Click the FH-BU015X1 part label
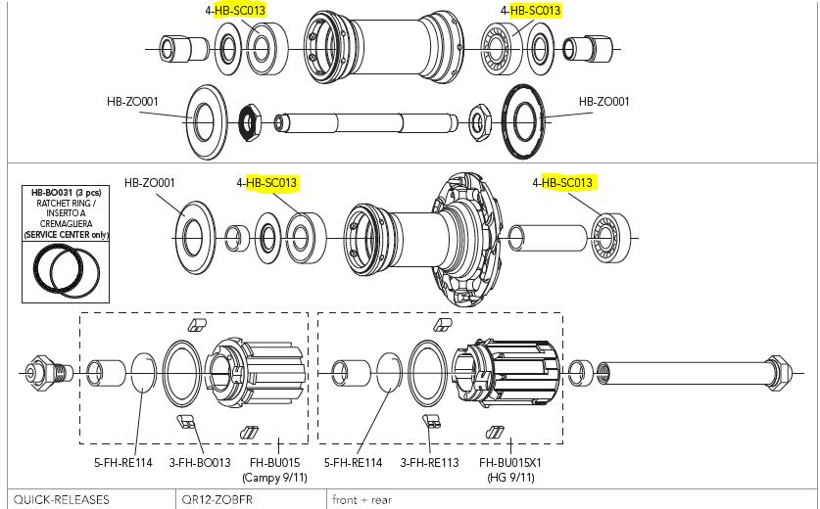click(x=507, y=462)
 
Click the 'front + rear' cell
click(x=362, y=499)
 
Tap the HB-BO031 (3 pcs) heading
click(x=66, y=192)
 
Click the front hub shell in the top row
click(x=383, y=45)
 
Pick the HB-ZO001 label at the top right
click(x=603, y=101)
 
